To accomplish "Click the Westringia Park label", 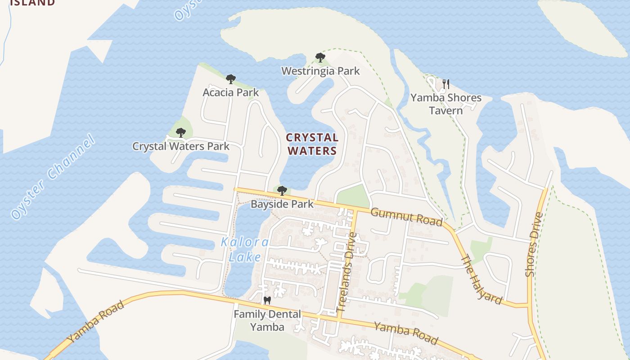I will (320, 71).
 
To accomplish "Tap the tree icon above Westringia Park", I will (320, 58).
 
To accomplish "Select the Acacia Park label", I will (231, 93).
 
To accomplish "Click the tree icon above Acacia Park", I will (231, 80).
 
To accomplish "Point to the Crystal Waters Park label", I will (181, 146).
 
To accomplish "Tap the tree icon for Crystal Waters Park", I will (181, 133).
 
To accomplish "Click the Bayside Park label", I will (282, 204).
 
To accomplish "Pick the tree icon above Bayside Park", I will (282, 191).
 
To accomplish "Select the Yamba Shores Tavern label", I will (445, 104).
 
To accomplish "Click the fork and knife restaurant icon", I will (446, 84).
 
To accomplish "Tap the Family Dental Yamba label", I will (267, 320).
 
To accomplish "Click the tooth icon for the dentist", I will (267, 300).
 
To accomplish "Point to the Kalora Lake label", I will (245, 250).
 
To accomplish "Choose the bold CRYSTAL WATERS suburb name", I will (312, 144).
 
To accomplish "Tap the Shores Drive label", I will (534, 244).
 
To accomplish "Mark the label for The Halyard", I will (481, 279).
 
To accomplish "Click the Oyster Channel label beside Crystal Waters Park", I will (53, 177).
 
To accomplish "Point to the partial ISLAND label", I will (32, 3).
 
